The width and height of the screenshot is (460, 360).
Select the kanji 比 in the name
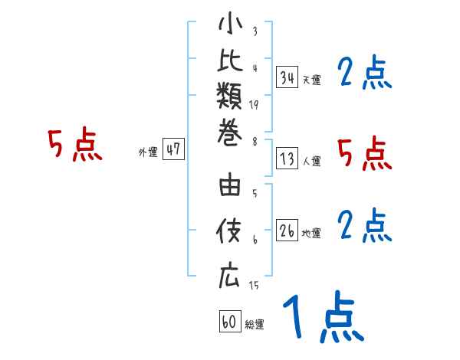(229, 64)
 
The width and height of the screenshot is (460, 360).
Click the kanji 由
(229, 189)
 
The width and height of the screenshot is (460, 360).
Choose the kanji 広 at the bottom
(229, 277)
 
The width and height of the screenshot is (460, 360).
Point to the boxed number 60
(229, 322)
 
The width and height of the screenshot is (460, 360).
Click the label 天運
(311, 80)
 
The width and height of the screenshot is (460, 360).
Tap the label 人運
(311, 162)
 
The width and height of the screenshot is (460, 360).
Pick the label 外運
(148, 152)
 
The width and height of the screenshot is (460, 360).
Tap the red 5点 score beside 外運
(74, 145)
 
